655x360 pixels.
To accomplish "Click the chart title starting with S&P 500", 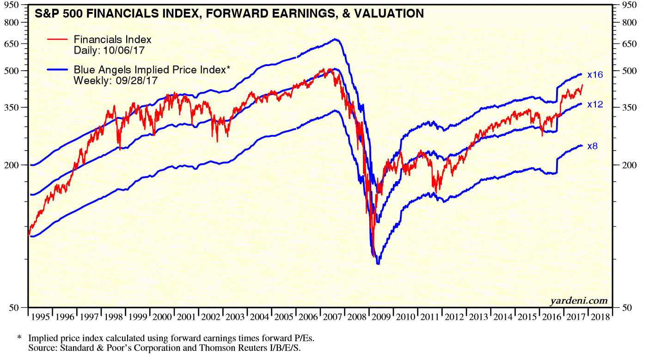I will point(229,13).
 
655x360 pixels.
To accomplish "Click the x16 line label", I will point(595,74).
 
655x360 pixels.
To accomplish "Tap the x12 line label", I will point(595,105).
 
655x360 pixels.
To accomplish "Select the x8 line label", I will point(593,146).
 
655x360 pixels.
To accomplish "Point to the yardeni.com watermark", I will point(578,301).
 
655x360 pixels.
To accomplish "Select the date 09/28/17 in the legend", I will point(140,79).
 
